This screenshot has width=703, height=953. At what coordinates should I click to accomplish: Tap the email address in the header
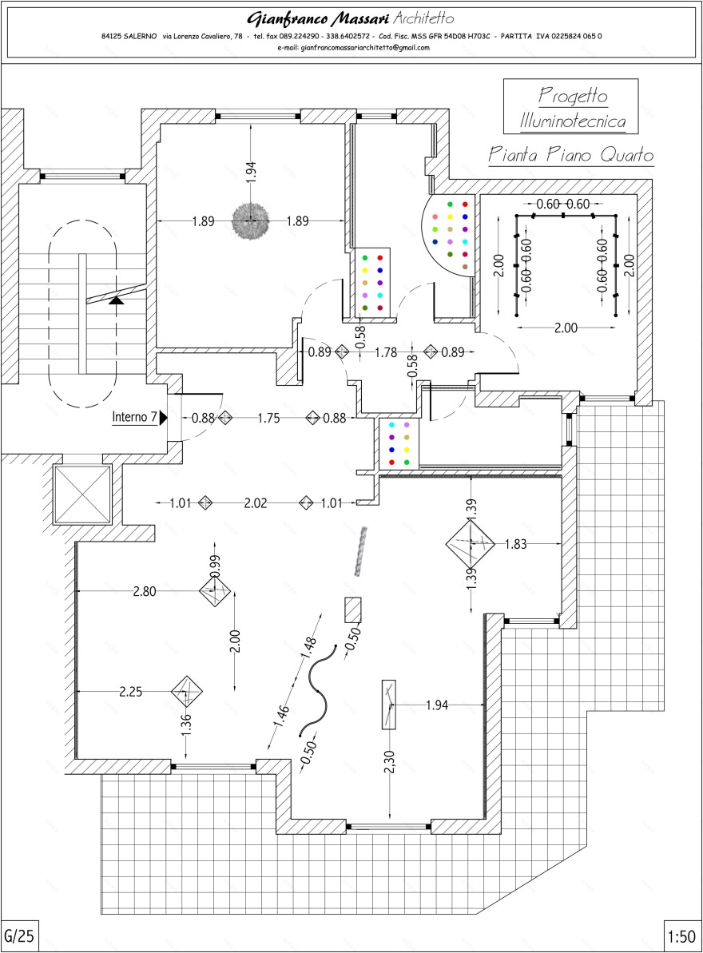353,48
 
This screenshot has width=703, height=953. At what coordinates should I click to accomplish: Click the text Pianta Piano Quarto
570,155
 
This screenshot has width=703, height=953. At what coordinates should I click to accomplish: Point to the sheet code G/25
17,934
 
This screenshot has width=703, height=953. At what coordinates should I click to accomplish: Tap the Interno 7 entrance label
134,416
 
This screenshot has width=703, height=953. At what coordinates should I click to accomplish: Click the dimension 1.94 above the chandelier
252,172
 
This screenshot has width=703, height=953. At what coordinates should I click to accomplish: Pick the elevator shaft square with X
81,494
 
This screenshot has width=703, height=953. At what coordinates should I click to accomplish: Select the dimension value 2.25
130,692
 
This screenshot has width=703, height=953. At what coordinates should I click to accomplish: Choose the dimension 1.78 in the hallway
387,351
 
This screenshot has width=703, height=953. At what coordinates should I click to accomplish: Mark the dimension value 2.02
256,503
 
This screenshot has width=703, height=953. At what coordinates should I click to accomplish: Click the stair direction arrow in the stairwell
117,299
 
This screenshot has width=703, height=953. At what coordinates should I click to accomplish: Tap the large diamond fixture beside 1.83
471,543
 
